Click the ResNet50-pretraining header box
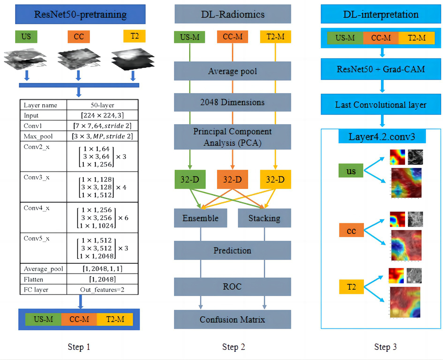[x=80, y=14]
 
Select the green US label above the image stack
[x=26, y=37]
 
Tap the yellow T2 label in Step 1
[x=134, y=36]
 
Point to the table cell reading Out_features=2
[x=102, y=290]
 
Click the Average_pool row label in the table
[x=43, y=269]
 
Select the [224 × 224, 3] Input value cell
[x=102, y=115]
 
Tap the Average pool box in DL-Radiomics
[x=232, y=71]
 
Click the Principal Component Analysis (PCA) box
[x=232, y=137]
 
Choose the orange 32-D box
[x=232, y=179]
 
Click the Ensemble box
[x=201, y=218]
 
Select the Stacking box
[x=264, y=218]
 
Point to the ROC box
[x=232, y=287]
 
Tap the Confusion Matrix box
[x=232, y=320]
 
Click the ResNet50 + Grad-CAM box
[x=381, y=69]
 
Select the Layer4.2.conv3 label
[x=382, y=136]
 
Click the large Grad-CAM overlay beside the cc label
[x=406, y=245]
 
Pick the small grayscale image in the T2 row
[x=414, y=276]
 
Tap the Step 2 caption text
[x=233, y=347]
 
